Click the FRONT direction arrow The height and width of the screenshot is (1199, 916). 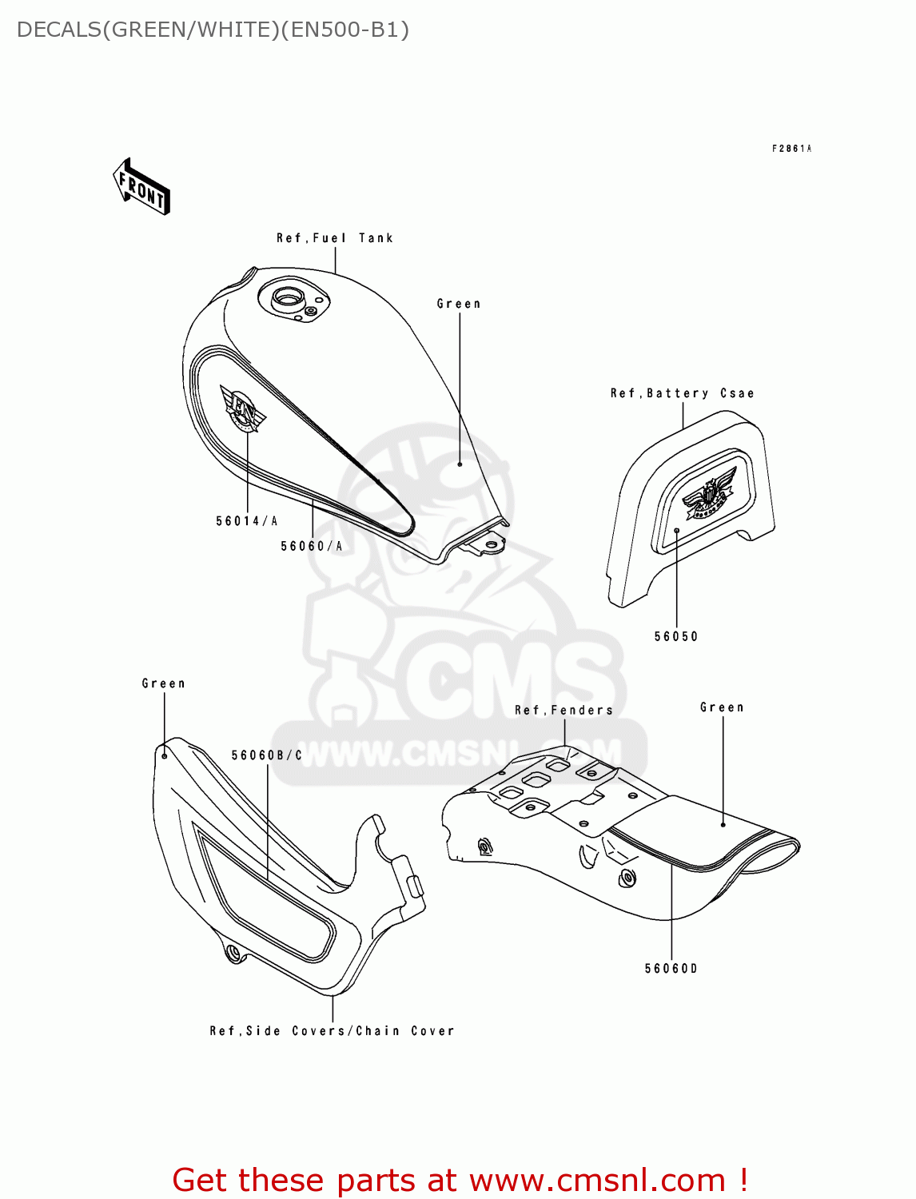(x=141, y=187)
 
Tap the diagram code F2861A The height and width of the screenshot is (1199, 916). (x=791, y=149)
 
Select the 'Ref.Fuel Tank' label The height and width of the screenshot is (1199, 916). (x=335, y=238)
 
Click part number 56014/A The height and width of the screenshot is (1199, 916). (x=247, y=521)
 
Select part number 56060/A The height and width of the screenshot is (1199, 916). (x=312, y=547)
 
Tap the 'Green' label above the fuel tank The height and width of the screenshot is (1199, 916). (x=459, y=304)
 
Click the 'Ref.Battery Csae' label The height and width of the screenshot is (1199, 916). (x=682, y=393)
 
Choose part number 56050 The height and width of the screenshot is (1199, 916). (x=676, y=637)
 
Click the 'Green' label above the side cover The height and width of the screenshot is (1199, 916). (x=164, y=683)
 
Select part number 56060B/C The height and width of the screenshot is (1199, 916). (x=267, y=755)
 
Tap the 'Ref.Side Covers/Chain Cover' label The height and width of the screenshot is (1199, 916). (x=332, y=1031)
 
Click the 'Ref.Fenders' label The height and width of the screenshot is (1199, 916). (x=564, y=710)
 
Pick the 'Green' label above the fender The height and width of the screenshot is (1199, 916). (x=722, y=707)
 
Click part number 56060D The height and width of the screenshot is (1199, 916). (x=671, y=969)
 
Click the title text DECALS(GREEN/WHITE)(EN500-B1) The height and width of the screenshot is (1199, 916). (x=213, y=30)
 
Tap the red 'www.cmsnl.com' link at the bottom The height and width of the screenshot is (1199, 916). (x=597, y=1180)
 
